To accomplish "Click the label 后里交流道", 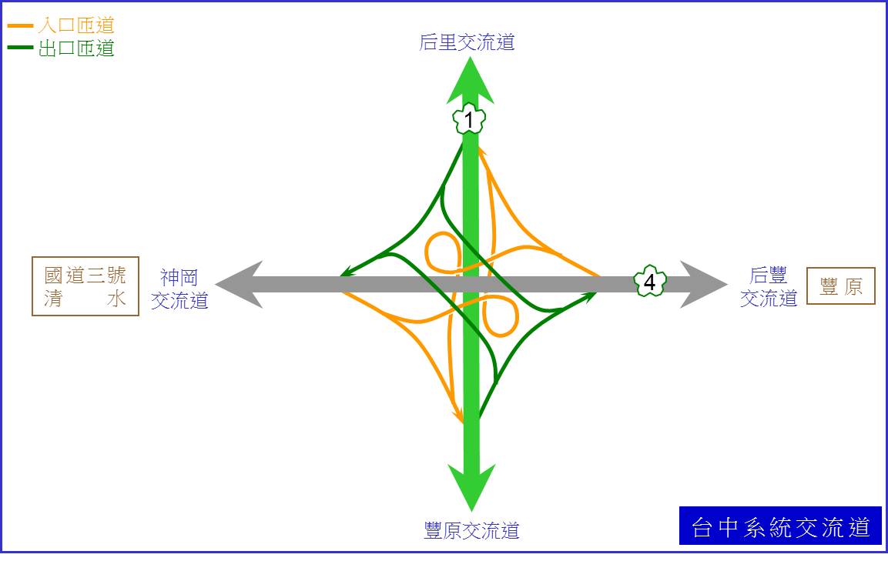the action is [x=467, y=42].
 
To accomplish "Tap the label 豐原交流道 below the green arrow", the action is [x=472, y=530].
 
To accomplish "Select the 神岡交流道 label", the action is [x=179, y=289].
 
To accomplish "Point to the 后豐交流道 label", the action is [x=769, y=287].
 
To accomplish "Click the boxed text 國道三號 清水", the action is [x=85, y=286].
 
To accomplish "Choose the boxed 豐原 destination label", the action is [x=841, y=286].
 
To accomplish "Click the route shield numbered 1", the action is [x=469, y=119].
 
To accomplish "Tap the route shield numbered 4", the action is [x=649, y=282].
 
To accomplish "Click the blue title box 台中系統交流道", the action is [x=780, y=526].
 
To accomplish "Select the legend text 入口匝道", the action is [x=76, y=25].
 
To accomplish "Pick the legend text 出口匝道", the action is [x=76, y=48].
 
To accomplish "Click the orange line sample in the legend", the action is [x=20, y=26].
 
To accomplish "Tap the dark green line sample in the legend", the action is [x=20, y=48].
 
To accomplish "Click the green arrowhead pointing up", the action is [x=470, y=82].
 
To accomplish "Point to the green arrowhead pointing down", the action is [x=472, y=487].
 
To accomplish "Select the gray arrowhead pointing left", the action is [x=239, y=285].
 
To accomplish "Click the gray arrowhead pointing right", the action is [x=704, y=284].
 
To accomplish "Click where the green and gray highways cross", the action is [x=471, y=285].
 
